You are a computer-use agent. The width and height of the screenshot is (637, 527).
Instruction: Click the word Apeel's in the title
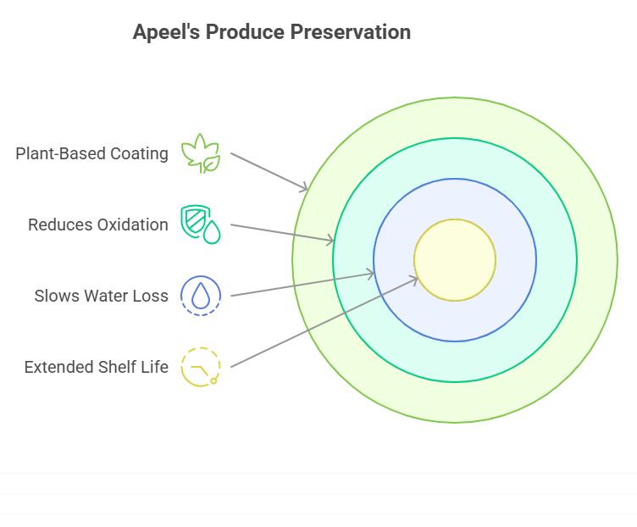[x=167, y=31]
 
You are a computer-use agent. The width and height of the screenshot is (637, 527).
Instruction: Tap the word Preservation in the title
[x=351, y=31]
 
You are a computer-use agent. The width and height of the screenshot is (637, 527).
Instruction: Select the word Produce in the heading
[x=245, y=31]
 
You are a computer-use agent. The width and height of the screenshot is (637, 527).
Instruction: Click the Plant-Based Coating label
[x=91, y=153]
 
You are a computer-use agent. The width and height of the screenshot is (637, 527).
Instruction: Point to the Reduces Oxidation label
[x=98, y=225]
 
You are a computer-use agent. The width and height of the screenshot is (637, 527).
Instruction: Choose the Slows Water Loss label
[x=101, y=296]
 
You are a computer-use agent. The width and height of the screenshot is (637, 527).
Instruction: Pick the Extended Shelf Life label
[x=97, y=367]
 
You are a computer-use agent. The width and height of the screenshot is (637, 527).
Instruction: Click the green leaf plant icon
[x=201, y=153]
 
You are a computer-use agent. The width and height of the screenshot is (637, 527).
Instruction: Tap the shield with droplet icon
[x=201, y=225]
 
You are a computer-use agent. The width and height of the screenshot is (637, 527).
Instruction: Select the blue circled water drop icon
[x=201, y=296]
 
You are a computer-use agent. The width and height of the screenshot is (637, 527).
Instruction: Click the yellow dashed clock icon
[x=201, y=367]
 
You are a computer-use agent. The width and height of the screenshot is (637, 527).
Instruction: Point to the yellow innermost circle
[x=455, y=260]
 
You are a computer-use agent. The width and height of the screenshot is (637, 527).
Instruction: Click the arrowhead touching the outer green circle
[x=303, y=188]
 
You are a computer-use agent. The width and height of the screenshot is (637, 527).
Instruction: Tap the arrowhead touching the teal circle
[x=330, y=240]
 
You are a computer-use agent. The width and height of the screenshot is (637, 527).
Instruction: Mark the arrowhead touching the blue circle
[x=369, y=274]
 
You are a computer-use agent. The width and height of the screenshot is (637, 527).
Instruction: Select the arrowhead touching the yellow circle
[x=413, y=280]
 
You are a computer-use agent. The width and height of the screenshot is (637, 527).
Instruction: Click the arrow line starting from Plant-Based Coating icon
[x=269, y=171]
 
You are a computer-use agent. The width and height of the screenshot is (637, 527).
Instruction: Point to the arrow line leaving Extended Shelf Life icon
[x=324, y=322]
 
